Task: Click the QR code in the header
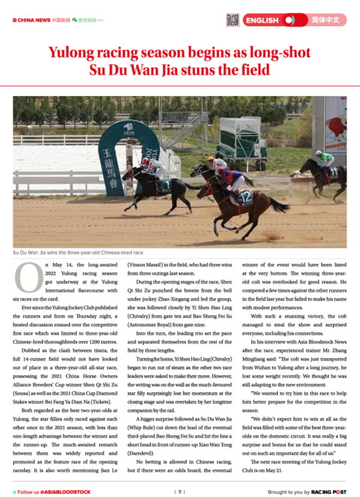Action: click(x=233, y=20)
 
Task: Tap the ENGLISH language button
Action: click(x=262, y=20)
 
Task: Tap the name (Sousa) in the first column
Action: click(x=26, y=369)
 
